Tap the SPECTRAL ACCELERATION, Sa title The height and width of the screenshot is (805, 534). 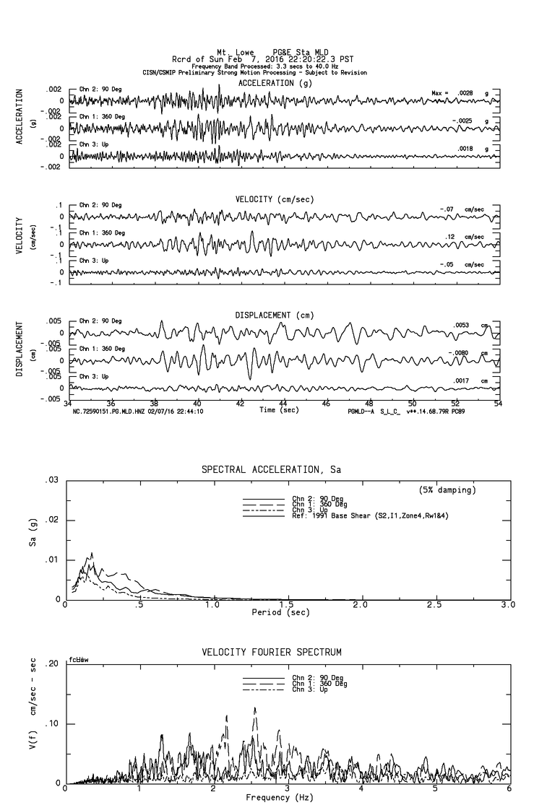pyautogui.click(x=271, y=470)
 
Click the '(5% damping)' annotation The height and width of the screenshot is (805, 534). pyautogui.click(x=447, y=490)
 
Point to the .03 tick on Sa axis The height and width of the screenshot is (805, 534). pyautogui.click(x=53, y=481)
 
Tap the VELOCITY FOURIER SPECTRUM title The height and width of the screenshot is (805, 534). pyautogui.click(x=271, y=653)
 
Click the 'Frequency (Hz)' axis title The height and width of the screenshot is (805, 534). pyautogui.click(x=280, y=798)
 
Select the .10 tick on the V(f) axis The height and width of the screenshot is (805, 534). pyautogui.click(x=53, y=724)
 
